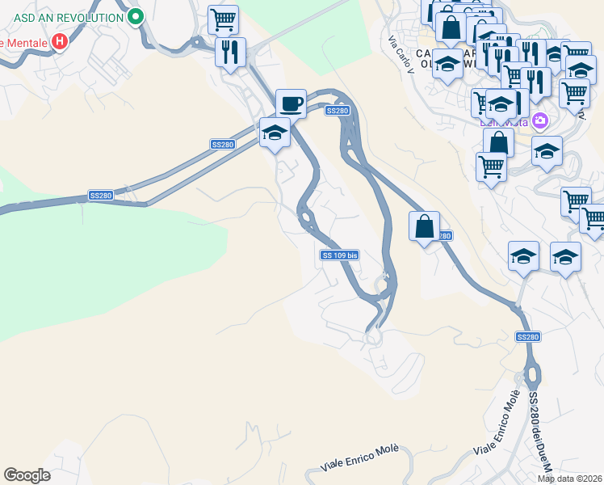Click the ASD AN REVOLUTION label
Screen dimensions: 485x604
(63, 15)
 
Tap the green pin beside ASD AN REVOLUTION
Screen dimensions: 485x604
(136, 15)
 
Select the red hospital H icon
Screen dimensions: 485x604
(59, 41)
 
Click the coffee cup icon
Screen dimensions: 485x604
(291, 103)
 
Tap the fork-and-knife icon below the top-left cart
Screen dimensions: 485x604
(230, 52)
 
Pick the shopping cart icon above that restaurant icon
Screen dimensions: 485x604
(223, 19)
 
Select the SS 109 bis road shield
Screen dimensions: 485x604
(339, 255)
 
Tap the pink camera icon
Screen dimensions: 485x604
(539, 122)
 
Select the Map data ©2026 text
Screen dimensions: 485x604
(569, 479)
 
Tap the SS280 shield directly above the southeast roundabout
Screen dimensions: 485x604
(527, 336)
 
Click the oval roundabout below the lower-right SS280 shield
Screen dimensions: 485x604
(532, 376)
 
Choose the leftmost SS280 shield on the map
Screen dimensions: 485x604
(101, 196)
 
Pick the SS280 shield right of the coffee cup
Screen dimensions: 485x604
(338, 110)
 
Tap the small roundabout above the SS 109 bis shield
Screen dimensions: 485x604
(306, 217)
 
